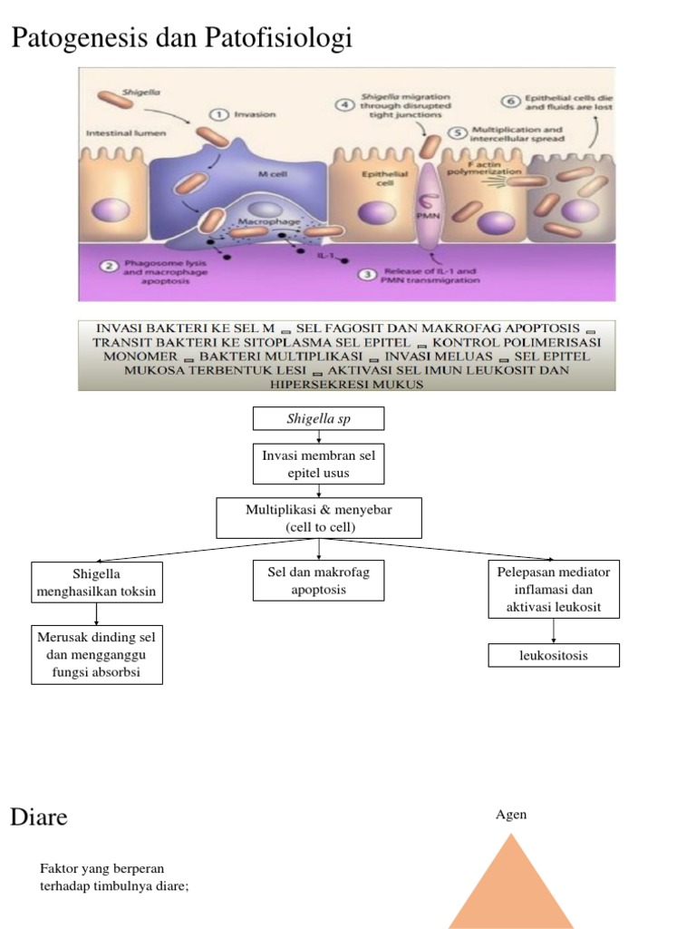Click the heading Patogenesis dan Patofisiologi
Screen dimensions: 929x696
[x=180, y=39]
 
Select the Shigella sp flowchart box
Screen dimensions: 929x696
[x=318, y=418]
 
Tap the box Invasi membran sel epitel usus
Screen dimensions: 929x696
[x=318, y=464]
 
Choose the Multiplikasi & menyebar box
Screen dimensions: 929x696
[x=318, y=518]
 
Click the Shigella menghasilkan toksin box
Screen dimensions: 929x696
[x=97, y=582]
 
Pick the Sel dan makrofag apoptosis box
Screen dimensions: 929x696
[x=318, y=581]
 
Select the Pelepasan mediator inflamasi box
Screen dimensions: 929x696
[x=553, y=589]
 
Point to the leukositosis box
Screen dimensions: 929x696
[x=553, y=655]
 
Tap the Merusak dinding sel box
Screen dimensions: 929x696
[x=97, y=654]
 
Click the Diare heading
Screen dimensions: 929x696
[x=39, y=817]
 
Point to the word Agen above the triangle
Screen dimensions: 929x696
[x=511, y=815]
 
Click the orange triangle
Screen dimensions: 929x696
[x=511, y=889]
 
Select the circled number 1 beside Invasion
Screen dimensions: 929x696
[x=219, y=114]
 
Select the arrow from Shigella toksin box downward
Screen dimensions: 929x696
[x=97, y=613]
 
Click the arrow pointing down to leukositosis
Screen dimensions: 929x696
[x=553, y=631]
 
